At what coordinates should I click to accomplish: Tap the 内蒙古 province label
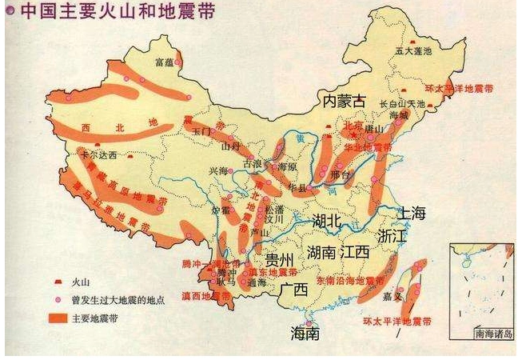point(343,101)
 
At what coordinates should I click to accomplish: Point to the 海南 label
point(305,333)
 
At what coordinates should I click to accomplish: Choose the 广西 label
point(295,290)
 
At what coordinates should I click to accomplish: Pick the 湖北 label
point(329,220)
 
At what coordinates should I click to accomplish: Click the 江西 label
point(354,252)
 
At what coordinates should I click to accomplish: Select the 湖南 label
point(321,253)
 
